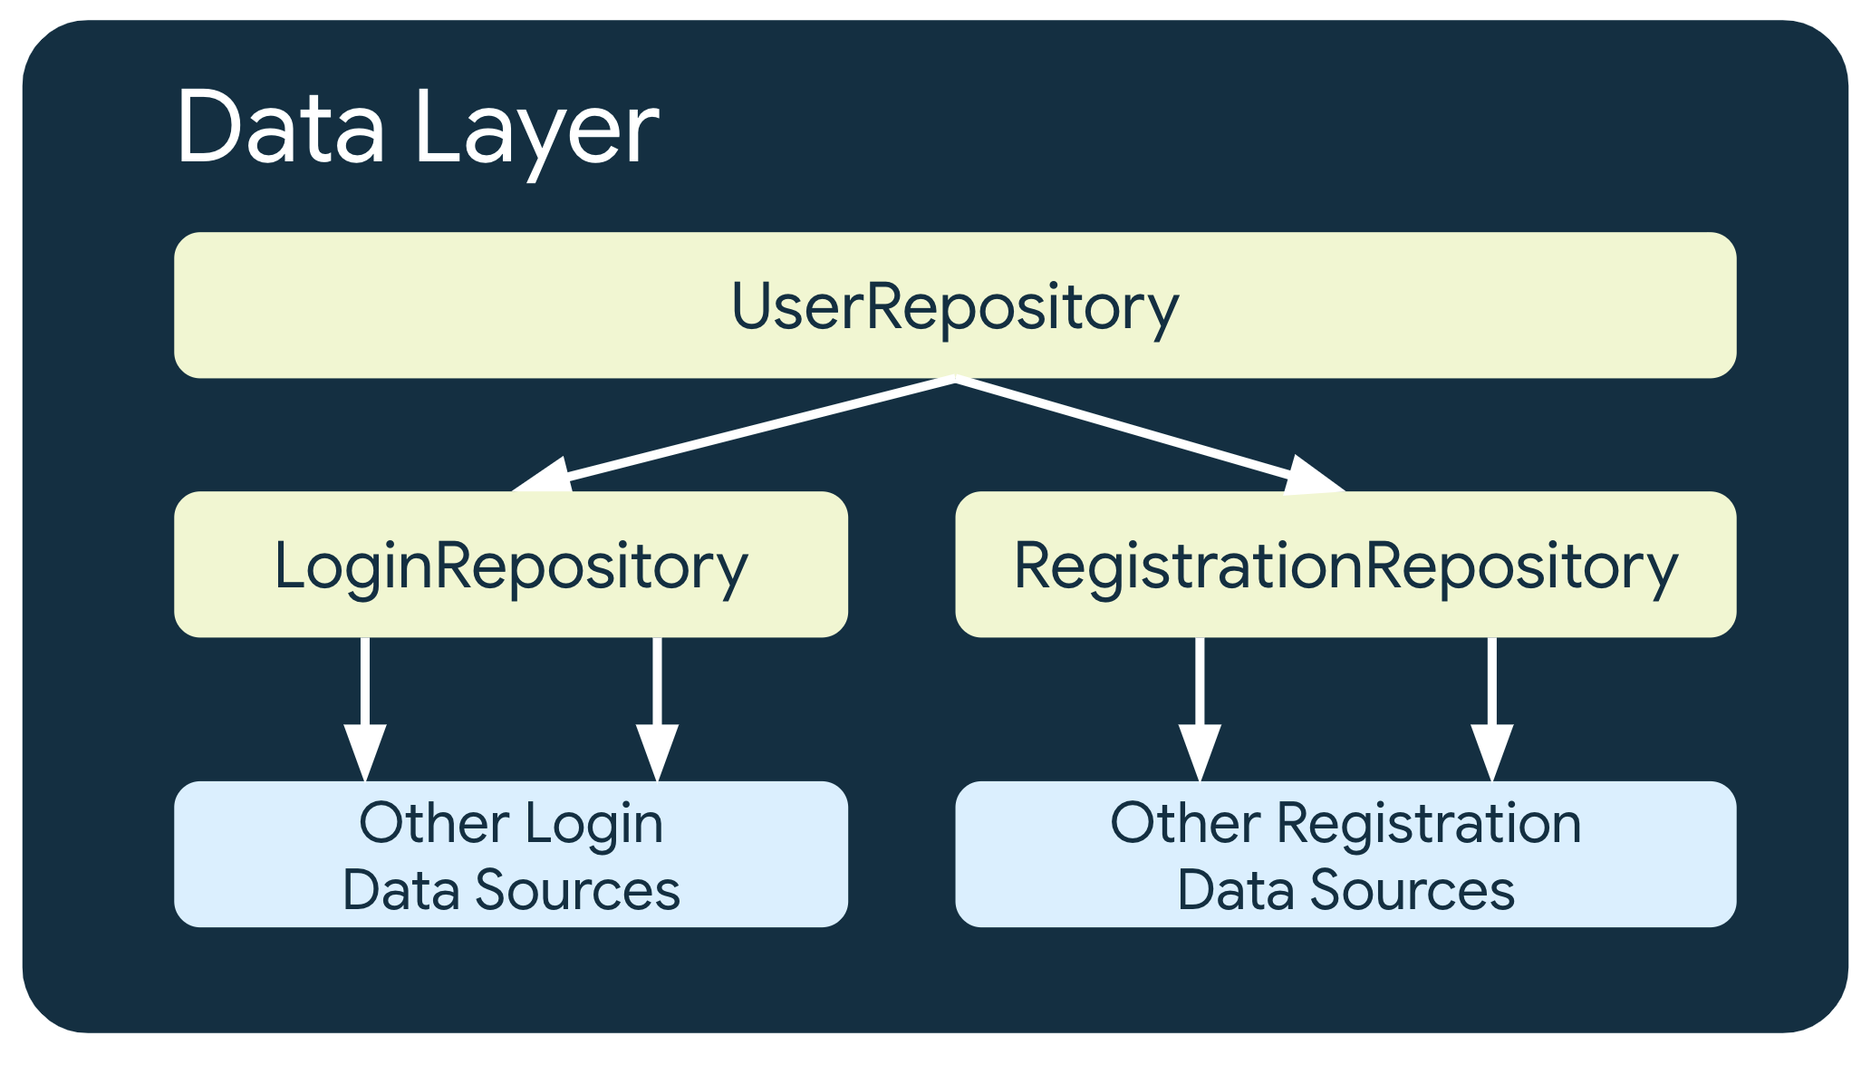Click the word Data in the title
click(x=281, y=129)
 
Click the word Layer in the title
click(x=536, y=129)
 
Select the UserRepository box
click(x=954, y=305)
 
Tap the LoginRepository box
click(x=510, y=565)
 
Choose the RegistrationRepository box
click(x=1345, y=565)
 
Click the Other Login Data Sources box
click(x=510, y=855)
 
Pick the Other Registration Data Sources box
click(x=1345, y=855)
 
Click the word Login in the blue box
click(x=594, y=823)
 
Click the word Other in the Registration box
click(x=1184, y=823)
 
